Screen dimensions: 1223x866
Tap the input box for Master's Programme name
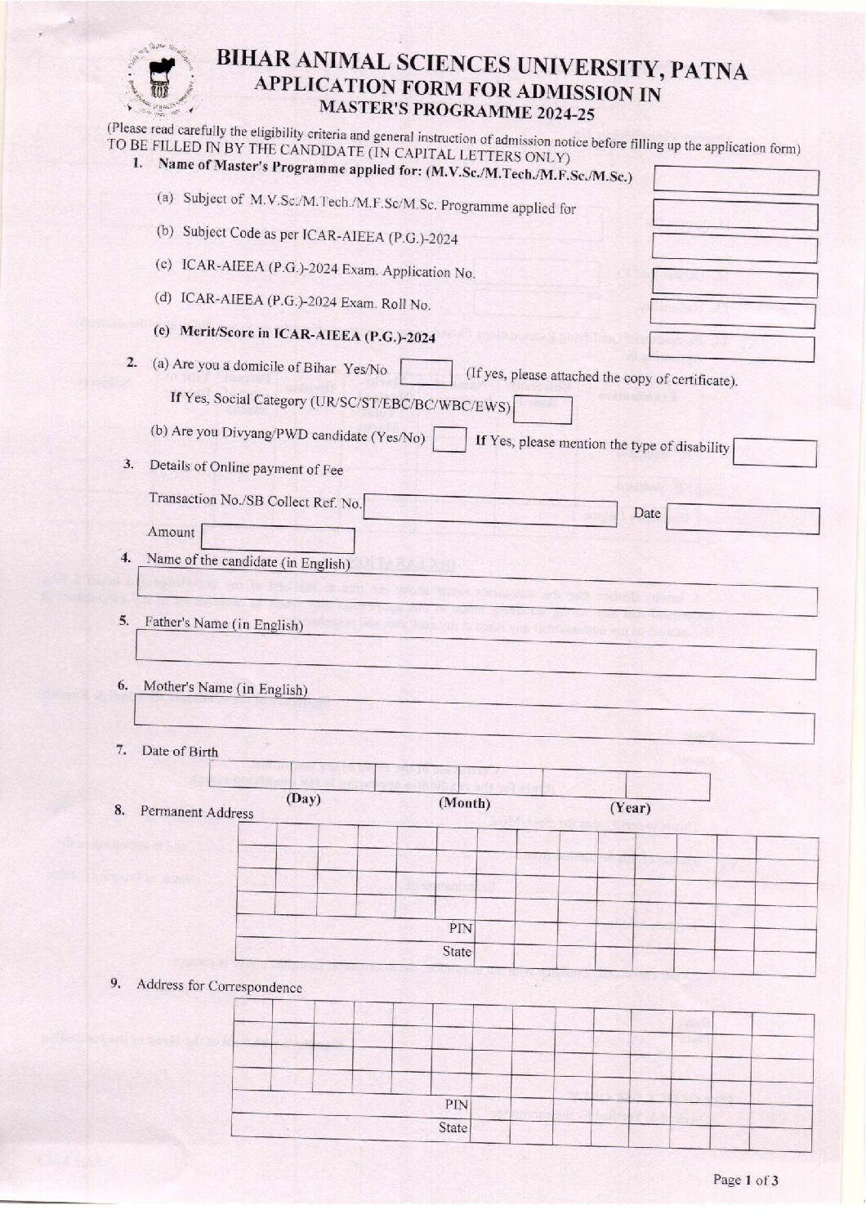coord(735,181)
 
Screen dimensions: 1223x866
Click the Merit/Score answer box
coord(732,349)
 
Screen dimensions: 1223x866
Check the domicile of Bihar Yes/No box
coord(426,373)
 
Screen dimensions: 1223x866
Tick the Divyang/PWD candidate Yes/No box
coord(449,440)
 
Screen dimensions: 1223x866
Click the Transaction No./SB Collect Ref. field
coord(489,511)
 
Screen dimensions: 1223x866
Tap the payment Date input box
coord(742,520)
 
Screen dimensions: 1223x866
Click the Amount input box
coord(278,539)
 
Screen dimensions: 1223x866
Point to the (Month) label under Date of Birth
coord(464,803)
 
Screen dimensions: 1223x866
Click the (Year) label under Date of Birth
coord(630,808)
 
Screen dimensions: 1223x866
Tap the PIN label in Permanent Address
coord(460,928)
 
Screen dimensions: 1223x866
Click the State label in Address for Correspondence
coord(453,1127)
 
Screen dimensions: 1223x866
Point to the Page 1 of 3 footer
coord(745,1180)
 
